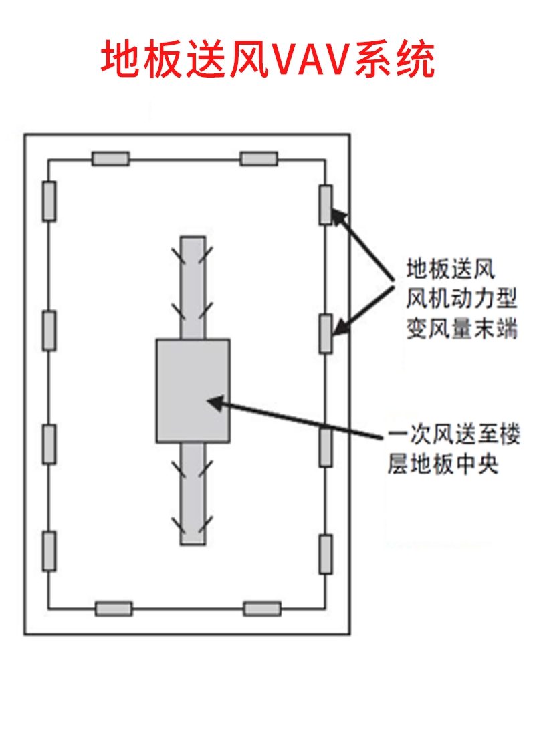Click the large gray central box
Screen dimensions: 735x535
tap(193, 391)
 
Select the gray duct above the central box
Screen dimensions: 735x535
tap(193, 287)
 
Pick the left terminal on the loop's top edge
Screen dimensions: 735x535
tap(110, 159)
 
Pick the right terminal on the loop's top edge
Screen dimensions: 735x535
tap(259, 159)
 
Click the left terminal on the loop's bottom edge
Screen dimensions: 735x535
tap(114, 609)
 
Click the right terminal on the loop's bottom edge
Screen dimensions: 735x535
tap(262, 609)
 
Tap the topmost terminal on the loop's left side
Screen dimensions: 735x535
tap(49, 200)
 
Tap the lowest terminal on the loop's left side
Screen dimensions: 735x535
tap(49, 551)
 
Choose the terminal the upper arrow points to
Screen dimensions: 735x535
tap(326, 204)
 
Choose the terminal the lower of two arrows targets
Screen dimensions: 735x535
tap(326, 333)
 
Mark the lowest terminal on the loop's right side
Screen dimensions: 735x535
tap(326, 554)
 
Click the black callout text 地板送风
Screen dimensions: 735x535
tap(450, 270)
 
